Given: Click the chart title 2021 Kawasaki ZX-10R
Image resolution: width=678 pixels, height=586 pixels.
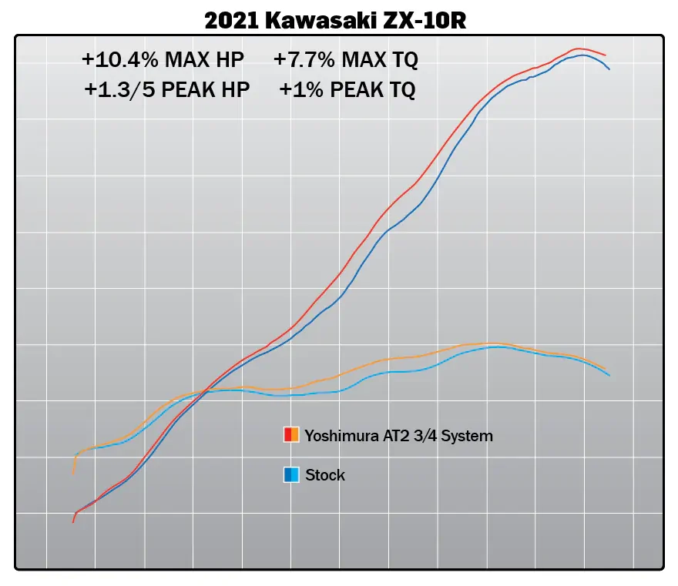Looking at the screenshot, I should point(335,21).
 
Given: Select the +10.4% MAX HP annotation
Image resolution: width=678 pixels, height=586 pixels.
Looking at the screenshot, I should point(162,59).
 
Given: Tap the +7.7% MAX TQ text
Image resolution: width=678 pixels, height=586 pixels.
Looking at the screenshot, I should point(346,59).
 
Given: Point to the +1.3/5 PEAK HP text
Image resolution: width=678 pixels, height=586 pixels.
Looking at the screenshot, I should point(167,90).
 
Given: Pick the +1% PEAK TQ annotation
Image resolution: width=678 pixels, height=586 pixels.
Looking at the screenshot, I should point(347,90).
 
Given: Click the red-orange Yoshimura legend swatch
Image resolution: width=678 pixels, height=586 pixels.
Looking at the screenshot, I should point(291,435).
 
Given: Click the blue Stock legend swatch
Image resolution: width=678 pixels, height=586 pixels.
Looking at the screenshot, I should point(291,474).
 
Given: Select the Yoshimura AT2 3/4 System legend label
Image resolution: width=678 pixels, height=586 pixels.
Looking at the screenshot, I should point(398,436).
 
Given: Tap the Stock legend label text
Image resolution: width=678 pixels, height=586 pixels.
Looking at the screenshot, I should point(325,475).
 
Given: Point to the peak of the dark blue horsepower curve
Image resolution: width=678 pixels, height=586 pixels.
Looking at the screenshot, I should point(583,55).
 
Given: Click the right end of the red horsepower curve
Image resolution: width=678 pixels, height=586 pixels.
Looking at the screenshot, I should point(606,55).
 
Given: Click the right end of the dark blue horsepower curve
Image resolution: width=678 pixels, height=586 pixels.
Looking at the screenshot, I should point(609,69).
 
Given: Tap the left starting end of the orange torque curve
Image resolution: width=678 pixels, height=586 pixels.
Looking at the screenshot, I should point(74,473).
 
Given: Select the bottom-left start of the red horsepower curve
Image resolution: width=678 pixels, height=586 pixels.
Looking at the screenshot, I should point(73,521).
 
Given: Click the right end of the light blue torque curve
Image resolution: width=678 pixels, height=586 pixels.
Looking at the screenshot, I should point(609,376).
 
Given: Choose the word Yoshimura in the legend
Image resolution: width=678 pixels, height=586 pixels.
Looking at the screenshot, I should point(333,436).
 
